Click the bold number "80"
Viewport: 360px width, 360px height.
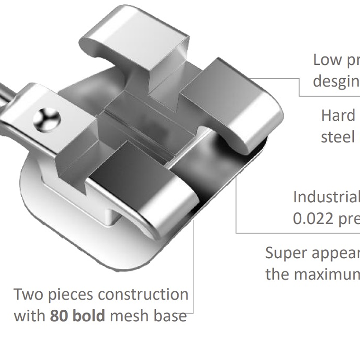[x=59, y=316]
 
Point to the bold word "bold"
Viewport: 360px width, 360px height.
[x=89, y=316]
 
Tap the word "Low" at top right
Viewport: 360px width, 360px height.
[x=327, y=60]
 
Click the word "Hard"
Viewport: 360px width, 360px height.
[x=338, y=115]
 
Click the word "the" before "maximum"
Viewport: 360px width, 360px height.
[x=278, y=274]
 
